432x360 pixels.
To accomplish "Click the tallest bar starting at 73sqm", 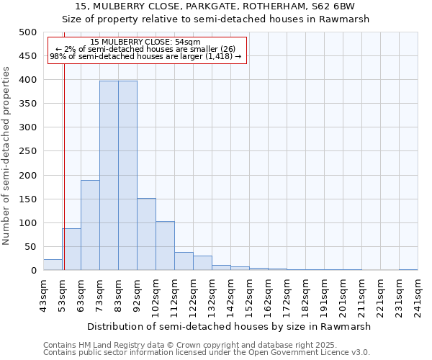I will tap(109, 176).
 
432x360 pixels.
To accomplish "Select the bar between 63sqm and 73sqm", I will tap(90, 225).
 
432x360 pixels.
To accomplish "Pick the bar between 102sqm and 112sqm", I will tap(165, 246).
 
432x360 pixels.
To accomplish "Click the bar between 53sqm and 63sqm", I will tap(71, 249).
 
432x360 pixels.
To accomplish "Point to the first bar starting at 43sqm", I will tap(53, 265).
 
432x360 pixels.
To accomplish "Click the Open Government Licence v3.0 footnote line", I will tap(206, 353).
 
